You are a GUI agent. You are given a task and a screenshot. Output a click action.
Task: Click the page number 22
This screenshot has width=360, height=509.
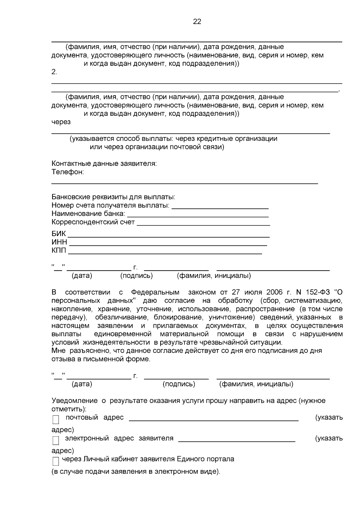tap(197, 22)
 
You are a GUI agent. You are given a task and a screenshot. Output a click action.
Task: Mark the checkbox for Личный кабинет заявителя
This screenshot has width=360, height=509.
tap(56, 461)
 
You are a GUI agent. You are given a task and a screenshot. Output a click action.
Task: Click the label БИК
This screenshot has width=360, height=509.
tap(58, 234)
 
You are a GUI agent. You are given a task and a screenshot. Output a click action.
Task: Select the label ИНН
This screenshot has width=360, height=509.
tap(59, 242)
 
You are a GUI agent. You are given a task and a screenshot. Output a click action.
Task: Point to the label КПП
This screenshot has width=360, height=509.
tap(59, 251)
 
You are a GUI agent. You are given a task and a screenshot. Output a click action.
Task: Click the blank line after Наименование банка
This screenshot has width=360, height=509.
tap(198, 216)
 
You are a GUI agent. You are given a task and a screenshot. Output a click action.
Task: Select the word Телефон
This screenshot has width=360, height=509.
tap(67, 172)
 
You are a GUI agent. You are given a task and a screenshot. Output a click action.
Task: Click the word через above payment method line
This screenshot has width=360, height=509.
tap(61, 122)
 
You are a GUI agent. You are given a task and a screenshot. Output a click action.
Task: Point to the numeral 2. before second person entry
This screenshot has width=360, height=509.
tap(54, 72)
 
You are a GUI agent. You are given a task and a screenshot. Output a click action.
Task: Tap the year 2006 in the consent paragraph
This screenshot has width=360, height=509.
tap(274, 292)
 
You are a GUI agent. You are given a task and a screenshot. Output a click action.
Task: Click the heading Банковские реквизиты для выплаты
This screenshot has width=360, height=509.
tap(113, 197)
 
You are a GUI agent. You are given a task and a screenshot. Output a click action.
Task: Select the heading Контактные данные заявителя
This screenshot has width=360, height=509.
tap(104, 164)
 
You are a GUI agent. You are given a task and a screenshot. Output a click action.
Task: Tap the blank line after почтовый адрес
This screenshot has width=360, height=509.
tap(214, 421)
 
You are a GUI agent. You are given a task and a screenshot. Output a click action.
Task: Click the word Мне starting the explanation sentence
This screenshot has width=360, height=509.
tap(58, 351)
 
